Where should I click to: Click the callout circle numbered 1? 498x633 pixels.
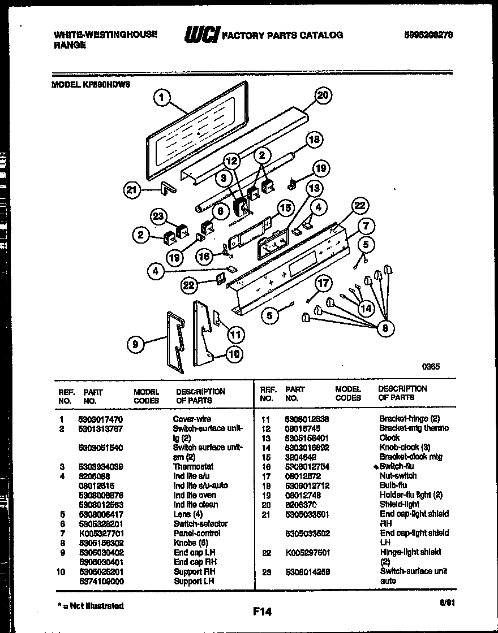(162, 99)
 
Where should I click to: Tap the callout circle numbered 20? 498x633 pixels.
(322, 96)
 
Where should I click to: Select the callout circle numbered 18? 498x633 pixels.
(314, 140)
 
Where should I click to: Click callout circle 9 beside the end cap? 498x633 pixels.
(135, 343)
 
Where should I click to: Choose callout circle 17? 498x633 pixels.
(323, 283)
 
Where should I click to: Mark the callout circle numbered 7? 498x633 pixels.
(366, 227)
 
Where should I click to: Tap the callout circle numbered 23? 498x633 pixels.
(160, 216)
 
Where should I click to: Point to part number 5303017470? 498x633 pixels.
(100, 419)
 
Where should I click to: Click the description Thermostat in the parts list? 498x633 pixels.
(193, 467)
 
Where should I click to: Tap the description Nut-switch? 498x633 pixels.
(398, 476)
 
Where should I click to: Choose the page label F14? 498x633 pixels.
(263, 611)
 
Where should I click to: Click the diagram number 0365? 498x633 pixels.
(431, 366)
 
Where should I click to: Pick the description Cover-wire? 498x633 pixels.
(192, 419)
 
